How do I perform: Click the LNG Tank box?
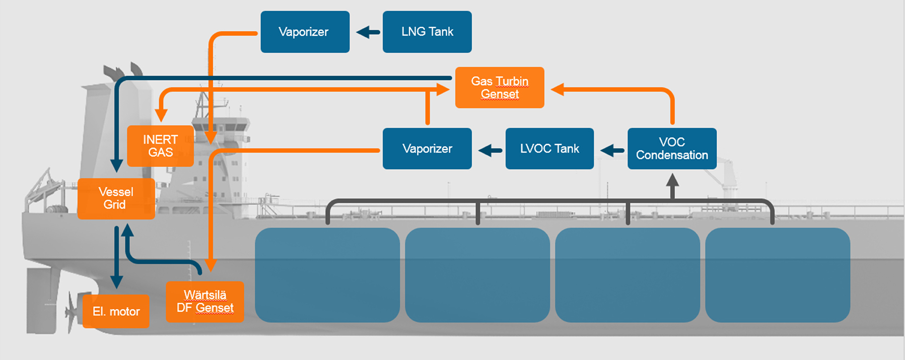[x=427, y=32]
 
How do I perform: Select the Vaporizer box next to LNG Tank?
[x=305, y=32]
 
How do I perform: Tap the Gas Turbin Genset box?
[x=500, y=88]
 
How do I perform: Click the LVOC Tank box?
[x=549, y=149]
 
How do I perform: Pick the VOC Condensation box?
[x=672, y=149]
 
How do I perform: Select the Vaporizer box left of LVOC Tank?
[x=427, y=149]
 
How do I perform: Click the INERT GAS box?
[x=160, y=146]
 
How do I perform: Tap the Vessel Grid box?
[x=116, y=198]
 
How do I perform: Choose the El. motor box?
[x=116, y=311]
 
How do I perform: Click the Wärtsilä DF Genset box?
[x=205, y=302]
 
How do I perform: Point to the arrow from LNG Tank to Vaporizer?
[x=368, y=32]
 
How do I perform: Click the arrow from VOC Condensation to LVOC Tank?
[x=612, y=150]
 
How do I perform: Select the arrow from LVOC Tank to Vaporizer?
[x=490, y=150]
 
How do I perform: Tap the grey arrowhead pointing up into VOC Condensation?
[x=672, y=180]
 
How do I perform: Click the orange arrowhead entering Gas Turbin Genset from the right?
[x=558, y=90]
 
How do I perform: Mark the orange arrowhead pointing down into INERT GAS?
[x=161, y=116]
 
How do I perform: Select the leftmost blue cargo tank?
[x=327, y=275]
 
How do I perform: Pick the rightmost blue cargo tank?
[x=778, y=275]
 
